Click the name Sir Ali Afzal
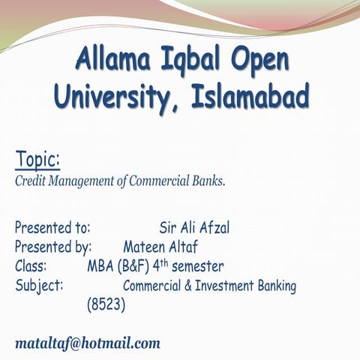coord(194,227)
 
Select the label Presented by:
coord(53,247)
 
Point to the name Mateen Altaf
coord(160,247)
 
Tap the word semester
coord(197,266)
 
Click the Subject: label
coord(38,286)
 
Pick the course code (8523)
coord(106,305)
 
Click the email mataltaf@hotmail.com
coord(88,343)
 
